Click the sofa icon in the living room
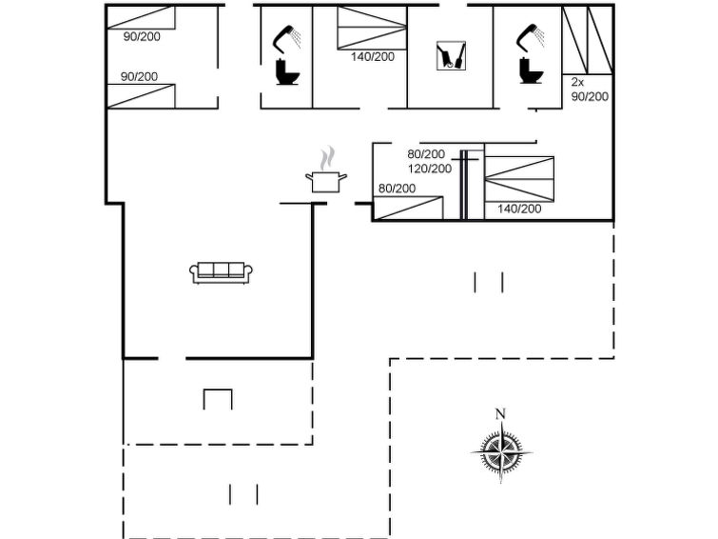click(222, 272)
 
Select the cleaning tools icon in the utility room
click(451, 55)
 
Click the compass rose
click(501, 451)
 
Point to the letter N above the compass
click(500, 413)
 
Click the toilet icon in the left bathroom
click(287, 72)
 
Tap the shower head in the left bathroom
click(287, 37)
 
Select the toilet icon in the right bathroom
click(532, 70)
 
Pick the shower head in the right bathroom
click(531, 36)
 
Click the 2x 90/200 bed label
click(590, 90)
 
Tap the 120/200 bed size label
click(430, 169)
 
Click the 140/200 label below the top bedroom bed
click(373, 57)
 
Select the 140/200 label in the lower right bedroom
click(519, 209)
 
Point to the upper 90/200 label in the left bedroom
click(142, 37)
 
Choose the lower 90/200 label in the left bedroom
click(139, 76)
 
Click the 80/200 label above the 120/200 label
click(426, 154)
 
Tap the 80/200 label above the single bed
click(397, 189)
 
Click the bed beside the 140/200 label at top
click(372, 28)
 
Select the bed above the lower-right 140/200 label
click(519, 179)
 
